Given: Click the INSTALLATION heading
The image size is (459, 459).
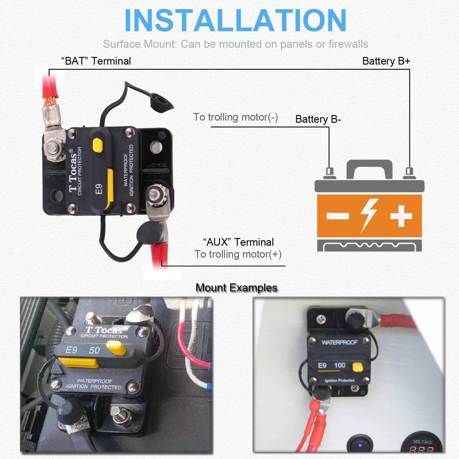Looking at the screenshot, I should tap(235, 21).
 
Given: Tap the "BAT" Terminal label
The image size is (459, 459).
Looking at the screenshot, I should tap(96, 61).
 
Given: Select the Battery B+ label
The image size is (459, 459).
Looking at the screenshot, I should tap(386, 61).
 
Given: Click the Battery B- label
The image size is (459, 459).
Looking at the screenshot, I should tap(318, 119).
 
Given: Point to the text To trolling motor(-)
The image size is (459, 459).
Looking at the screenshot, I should tap(235, 117).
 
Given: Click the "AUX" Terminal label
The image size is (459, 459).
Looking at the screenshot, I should tap(238, 242).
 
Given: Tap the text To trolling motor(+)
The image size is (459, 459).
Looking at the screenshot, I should tap(238, 254).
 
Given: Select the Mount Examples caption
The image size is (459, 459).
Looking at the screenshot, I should tap(236, 288).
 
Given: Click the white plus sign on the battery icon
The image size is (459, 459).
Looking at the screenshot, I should tap(401, 216).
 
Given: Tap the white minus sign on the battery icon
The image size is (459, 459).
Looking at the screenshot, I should tap(338, 216).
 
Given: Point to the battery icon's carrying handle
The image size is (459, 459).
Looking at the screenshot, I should tap(369, 167).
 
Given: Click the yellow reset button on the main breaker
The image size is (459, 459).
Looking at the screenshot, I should tap(98, 144).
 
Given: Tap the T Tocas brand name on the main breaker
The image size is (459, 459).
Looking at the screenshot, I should tap(73, 171).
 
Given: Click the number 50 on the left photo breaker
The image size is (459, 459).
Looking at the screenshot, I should tap(94, 350).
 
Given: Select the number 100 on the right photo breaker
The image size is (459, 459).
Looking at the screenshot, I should tap(340, 365).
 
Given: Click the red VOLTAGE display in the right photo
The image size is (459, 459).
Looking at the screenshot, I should tap(422, 449).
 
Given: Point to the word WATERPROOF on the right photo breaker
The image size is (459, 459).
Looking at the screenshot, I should tap(339, 342).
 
